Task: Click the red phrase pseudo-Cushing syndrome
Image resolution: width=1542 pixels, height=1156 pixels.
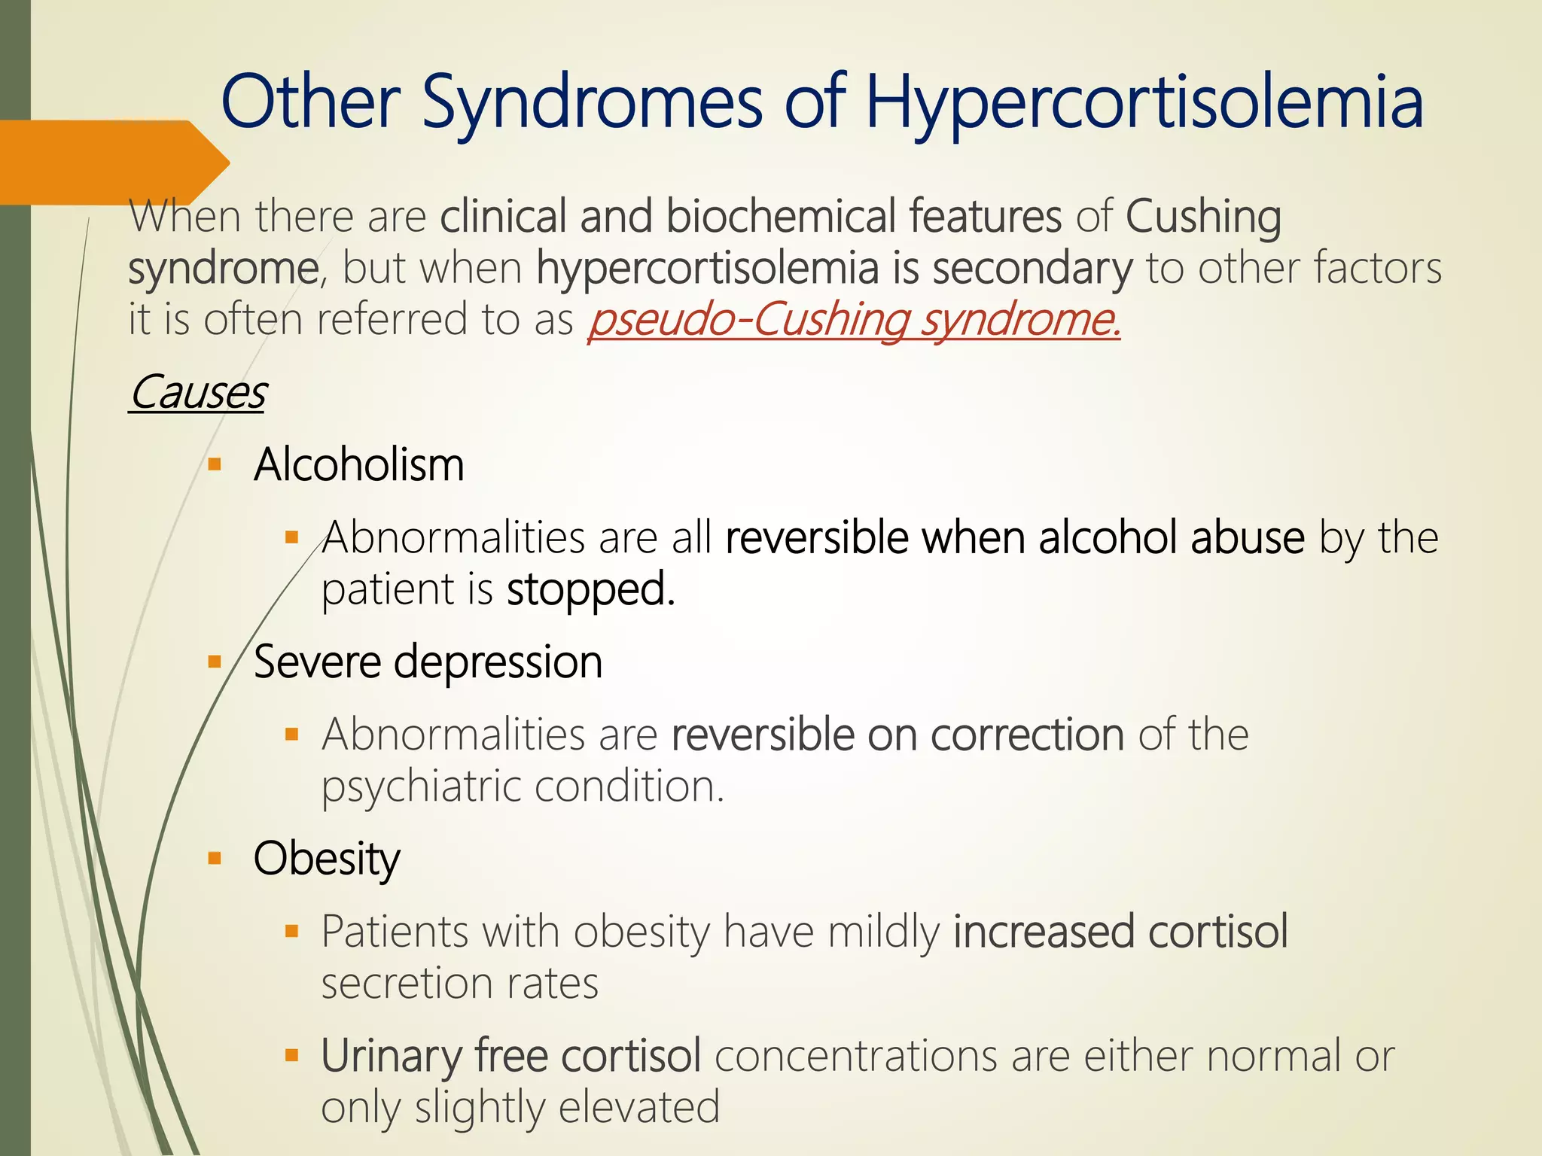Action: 854,319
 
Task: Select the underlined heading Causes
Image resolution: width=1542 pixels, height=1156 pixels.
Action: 197,392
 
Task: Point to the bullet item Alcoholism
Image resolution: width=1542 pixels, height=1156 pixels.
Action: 358,464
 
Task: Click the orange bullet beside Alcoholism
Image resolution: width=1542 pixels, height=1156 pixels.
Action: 215,464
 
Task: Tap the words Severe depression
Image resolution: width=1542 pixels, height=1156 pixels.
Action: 428,662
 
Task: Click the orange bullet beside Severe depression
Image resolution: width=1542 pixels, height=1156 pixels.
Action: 215,662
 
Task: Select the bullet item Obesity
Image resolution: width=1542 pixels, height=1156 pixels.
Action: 327,859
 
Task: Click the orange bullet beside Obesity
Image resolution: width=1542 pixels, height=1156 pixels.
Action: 215,859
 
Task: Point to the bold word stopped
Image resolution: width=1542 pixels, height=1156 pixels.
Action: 590,589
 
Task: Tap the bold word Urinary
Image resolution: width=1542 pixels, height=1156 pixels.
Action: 390,1055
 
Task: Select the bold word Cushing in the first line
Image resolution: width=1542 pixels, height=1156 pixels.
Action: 1202,216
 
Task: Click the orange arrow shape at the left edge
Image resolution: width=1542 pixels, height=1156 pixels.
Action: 113,162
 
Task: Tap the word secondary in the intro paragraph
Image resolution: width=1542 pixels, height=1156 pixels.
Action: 1032,268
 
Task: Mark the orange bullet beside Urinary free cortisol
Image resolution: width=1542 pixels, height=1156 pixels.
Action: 292,1056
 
